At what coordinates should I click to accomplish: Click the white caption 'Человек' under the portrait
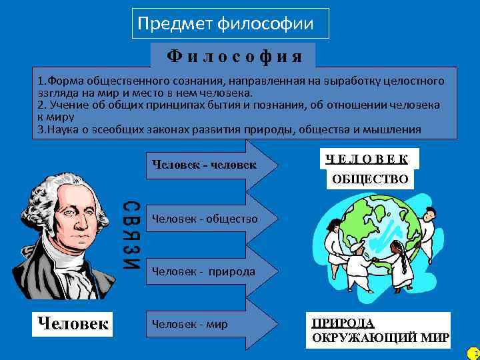(x=73, y=324)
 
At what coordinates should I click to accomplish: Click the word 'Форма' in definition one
(x=61, y=81)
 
